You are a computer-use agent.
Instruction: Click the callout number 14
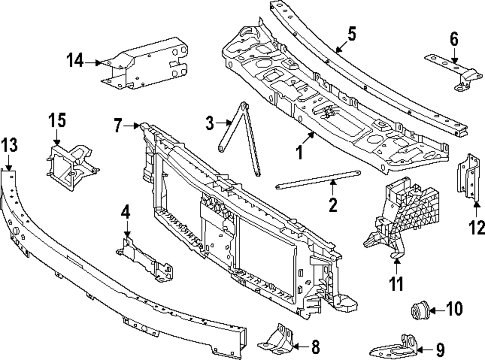pyautogui.click(x=76, y=62)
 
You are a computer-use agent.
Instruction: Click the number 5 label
pyautogui.click(x=352, y=34)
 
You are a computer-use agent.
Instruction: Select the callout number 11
pyautogui.click(x=397, y=283)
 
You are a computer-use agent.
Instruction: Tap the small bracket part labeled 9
pyautogui.click(x=395, y=347)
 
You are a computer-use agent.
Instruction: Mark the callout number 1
pyautogui.click(x=300, y=153)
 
